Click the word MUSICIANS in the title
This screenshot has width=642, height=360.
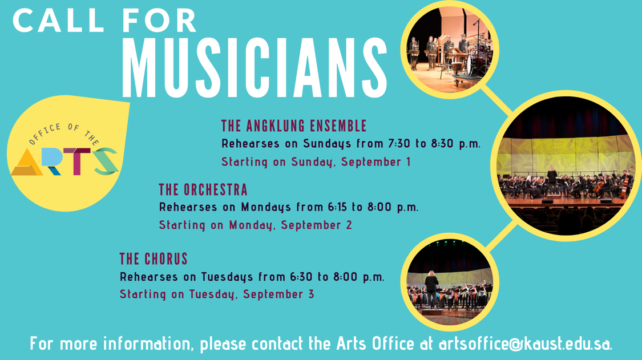click(255, 67)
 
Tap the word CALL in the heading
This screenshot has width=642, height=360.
click(59, 21)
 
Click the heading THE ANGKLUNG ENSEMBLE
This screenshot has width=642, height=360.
click(294, 126)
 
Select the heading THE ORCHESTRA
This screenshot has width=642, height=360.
click(203, 189)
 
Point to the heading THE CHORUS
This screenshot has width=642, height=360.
click(154, 259)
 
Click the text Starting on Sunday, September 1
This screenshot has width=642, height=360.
click(316, 162)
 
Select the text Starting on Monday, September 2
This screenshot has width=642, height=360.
click(256, 225)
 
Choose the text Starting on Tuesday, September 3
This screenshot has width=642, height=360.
click(217, 294)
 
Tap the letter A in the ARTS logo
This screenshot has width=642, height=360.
click(27, 162)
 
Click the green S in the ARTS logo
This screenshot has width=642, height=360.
click(106, 161)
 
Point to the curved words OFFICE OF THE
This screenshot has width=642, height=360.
click(63, 132)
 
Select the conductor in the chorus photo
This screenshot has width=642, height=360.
click(431, 289)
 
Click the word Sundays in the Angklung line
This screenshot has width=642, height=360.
click(327, 144)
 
